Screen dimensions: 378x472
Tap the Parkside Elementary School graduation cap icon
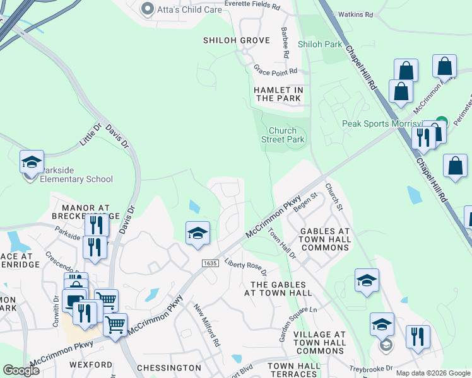(32, 163)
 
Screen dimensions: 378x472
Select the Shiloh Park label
(319, 44)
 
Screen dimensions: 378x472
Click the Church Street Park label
(283, 135)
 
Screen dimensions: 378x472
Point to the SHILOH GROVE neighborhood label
(236, 40)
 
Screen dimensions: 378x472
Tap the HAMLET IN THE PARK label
(278, 94)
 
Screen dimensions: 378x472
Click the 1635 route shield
(211, 262)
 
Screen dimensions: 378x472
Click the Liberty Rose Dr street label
(247, 268)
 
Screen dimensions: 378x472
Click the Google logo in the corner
(21, 370)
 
